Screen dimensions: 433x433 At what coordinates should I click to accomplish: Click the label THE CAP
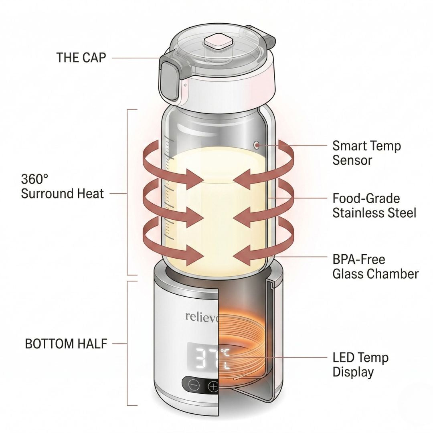[x=81, y=57]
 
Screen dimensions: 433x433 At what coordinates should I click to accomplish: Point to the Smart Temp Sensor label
[x=366, y=153]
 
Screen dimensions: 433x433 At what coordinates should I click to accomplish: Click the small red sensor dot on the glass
[x=256, y=145]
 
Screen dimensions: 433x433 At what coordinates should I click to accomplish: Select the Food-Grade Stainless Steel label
[x=374, y=205]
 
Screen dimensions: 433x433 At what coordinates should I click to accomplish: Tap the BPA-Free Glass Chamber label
[x=375, y=267]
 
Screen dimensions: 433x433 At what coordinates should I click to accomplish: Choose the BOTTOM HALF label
[x=66, y=344]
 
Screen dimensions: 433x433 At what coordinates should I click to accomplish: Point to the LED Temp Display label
[x=360, y=364]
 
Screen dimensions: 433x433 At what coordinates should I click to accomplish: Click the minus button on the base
[x=194, y=386]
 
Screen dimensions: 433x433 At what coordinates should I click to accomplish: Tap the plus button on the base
[x=213, y=386]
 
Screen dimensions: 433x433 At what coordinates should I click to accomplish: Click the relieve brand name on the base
[x=201, y=316]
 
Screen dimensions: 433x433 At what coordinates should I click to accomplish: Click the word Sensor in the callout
[x=352, y=160]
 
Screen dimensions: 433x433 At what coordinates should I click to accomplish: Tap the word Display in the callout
[x=353, y=372]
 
